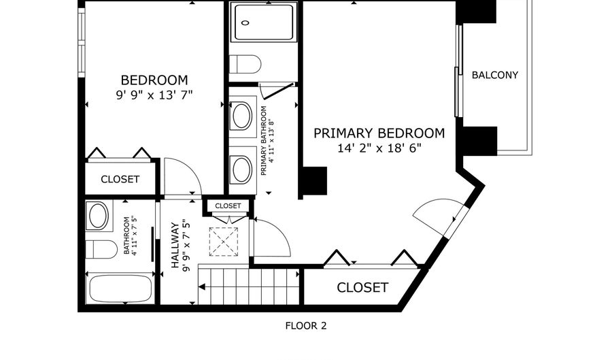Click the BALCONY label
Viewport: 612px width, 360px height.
pos(495,75)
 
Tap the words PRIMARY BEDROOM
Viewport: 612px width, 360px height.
pos(379,133)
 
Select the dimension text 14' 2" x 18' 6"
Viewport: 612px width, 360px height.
pos(379,148)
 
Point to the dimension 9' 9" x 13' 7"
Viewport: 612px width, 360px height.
pos(154,95)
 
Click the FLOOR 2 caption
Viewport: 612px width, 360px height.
pos(305,326)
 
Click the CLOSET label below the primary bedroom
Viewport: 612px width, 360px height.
pos(362,288)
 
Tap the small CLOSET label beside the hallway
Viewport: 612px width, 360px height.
pos(228,206)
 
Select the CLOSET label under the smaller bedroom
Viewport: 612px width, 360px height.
pos(120,180)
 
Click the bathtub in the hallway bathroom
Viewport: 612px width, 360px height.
pos(121,289)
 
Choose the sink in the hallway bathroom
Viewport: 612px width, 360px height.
pos(99,217)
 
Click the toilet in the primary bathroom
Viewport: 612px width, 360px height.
pos(245,65)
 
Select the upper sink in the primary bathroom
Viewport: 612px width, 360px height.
pos(241,116)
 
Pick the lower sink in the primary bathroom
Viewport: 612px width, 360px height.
pos(241,169)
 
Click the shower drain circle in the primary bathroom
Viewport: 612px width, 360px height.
pos(245,22)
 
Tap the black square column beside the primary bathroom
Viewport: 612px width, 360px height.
pos(314,180)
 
